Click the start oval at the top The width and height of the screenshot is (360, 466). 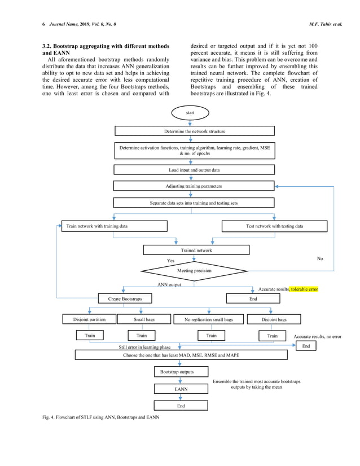tap(190, 113)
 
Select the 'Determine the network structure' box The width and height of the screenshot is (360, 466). tap(194, 131)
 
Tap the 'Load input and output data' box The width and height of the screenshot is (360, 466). tap(194, 169)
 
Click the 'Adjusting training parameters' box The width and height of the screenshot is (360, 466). tap(194, 186)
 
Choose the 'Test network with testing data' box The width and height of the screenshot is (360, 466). tap(274, 226)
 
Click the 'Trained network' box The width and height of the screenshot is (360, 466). tap(196, 250)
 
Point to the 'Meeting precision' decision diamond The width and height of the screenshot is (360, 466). tap(194, 271)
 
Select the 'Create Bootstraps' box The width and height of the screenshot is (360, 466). tap(125, 298)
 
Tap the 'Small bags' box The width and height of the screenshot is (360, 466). tap(144, 319)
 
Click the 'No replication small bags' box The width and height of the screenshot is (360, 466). tap(209, 319)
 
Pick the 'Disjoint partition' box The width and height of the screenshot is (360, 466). tap(89, 319)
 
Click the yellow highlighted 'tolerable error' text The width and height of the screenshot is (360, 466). tap(304, 289)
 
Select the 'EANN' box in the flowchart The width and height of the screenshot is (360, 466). tap(181, 389)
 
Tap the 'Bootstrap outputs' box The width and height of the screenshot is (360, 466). tap(177, 372)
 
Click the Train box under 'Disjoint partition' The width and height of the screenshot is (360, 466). tap(90, 336)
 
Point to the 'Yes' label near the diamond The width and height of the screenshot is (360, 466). tap(170, 261)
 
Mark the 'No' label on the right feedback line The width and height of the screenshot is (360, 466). tap(320, 258)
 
